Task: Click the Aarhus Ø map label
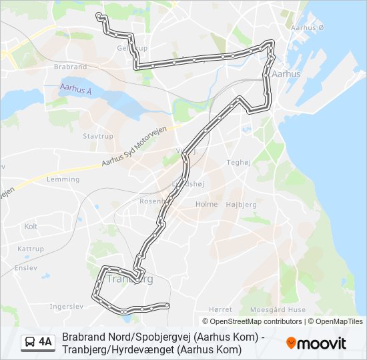pos(307,27)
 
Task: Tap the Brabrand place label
pos(71,67)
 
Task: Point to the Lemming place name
pos(63,179)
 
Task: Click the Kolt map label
pos(31,227)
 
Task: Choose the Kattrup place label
pos(31,249)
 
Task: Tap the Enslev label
pos(26,267)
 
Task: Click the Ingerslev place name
pos(65,307)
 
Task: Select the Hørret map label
pos(220,309)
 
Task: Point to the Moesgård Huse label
pos(278,309)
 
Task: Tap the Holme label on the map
pos(207,205)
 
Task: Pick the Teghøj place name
pos(238,162)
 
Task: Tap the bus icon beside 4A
pos(30,343)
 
